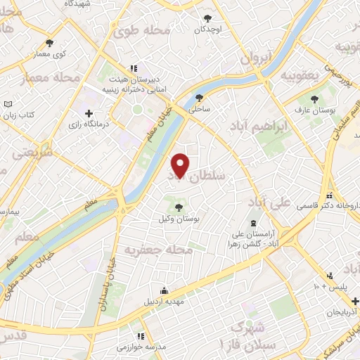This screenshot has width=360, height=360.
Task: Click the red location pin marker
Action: tap(180, 165)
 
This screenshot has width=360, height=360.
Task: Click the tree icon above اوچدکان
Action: tap(207, 19)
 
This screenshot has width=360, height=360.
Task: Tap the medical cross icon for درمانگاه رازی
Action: tap(88, 113)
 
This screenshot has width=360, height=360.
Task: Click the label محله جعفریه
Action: tap(158, 249)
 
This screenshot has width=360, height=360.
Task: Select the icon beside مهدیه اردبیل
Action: tap(164, 291)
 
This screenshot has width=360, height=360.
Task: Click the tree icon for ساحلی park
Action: tap(200, 98)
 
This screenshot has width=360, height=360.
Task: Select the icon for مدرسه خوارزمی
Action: tap(140, 336)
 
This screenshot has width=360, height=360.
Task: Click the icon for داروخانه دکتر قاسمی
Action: tap(328, 195)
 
